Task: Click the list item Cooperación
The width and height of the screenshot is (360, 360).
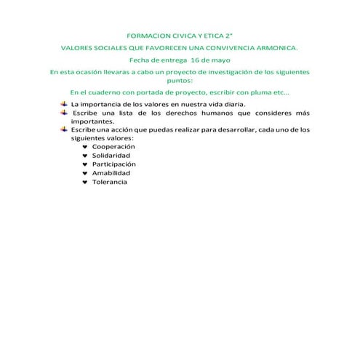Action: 113,147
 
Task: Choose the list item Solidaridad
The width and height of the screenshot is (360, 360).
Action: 111,156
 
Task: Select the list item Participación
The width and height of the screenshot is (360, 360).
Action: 114,164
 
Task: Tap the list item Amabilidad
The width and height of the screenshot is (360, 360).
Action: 111,173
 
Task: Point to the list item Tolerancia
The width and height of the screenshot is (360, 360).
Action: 110,182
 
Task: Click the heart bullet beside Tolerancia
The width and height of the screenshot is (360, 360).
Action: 85,182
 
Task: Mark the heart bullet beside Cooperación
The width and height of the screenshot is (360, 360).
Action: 85,147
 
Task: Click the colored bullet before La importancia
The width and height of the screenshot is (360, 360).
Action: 63,104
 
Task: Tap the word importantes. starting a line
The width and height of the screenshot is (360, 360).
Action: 92,121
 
